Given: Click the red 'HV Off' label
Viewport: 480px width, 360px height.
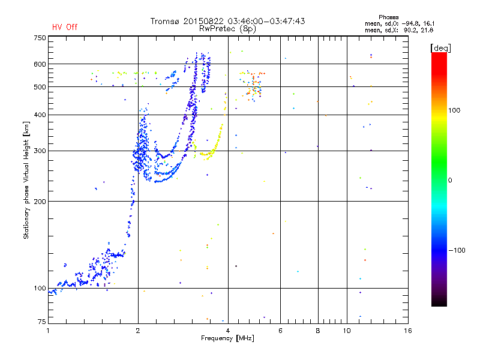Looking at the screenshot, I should coord(64,27).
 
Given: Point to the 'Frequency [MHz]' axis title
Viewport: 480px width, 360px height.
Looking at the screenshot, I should coord(227,339).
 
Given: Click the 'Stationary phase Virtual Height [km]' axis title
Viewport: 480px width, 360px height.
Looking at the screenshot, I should coord(26,180).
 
